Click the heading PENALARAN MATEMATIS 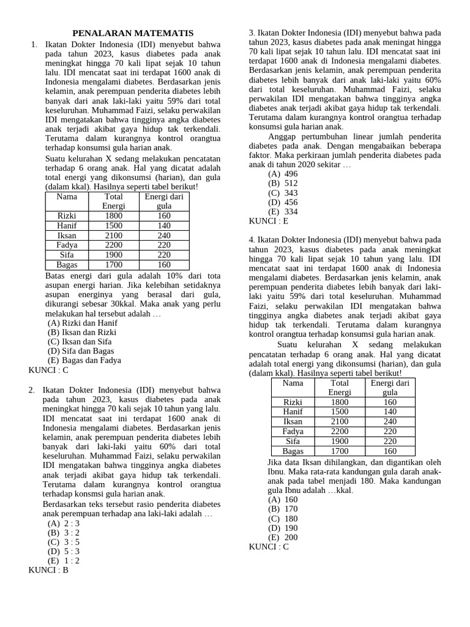click(x=133, y=33)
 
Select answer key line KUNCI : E click(x=268, y=221)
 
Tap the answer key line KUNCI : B click(x=48, y=570)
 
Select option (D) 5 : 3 click(x=64, y=551)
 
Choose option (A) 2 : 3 click(x=64, y=523)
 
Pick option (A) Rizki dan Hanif click(x=83, y=323)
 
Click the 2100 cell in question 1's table click(x=114, y=235)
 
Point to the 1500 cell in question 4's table click(x=340, y=412)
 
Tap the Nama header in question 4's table click(x=293, y=383)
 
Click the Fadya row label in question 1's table click(x=67, y=245)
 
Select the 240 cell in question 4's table click(x=390, y=422)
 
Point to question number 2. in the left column click(x=32, y=390)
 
